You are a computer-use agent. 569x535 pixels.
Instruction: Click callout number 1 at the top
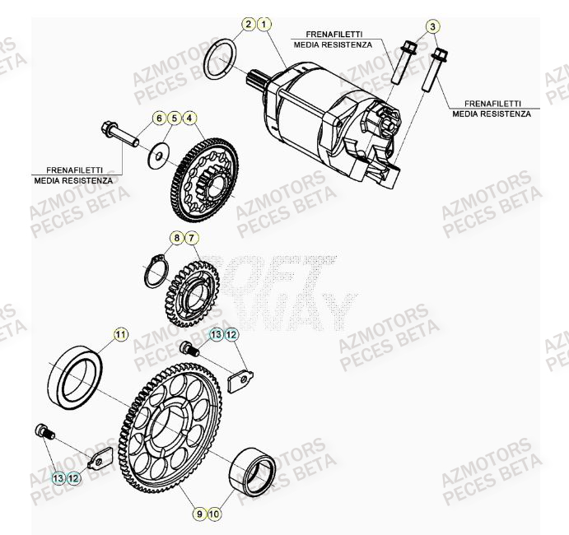point(264,25)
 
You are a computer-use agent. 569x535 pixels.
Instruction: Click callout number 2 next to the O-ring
point(249,25)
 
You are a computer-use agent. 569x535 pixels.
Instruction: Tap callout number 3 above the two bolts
point(431,27)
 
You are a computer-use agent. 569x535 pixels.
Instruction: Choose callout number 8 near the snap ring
point(175,239)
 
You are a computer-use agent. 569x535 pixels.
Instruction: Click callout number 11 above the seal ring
point(121,333)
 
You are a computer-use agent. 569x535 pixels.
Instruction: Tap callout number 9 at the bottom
point(198,514)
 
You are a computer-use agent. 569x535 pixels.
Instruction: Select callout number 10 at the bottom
point(213,514)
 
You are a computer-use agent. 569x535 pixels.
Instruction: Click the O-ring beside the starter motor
point(220,58)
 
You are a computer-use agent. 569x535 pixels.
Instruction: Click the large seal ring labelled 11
point(76,374)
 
